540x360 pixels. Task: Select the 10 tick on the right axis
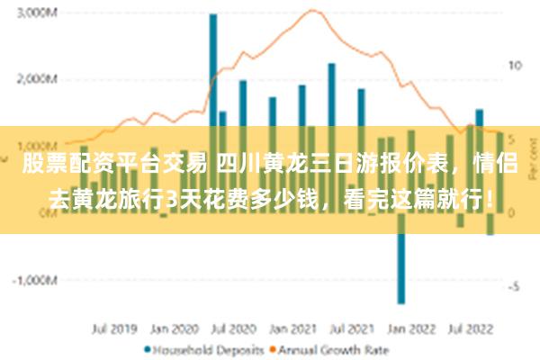click(x=516, y=66)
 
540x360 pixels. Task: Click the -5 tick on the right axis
click(x=514, y=287)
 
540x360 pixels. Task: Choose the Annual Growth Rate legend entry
click(x=332, y=349)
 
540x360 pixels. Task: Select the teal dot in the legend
click(x=148, y=349)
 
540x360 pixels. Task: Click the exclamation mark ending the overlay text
click(x=489, y=198)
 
